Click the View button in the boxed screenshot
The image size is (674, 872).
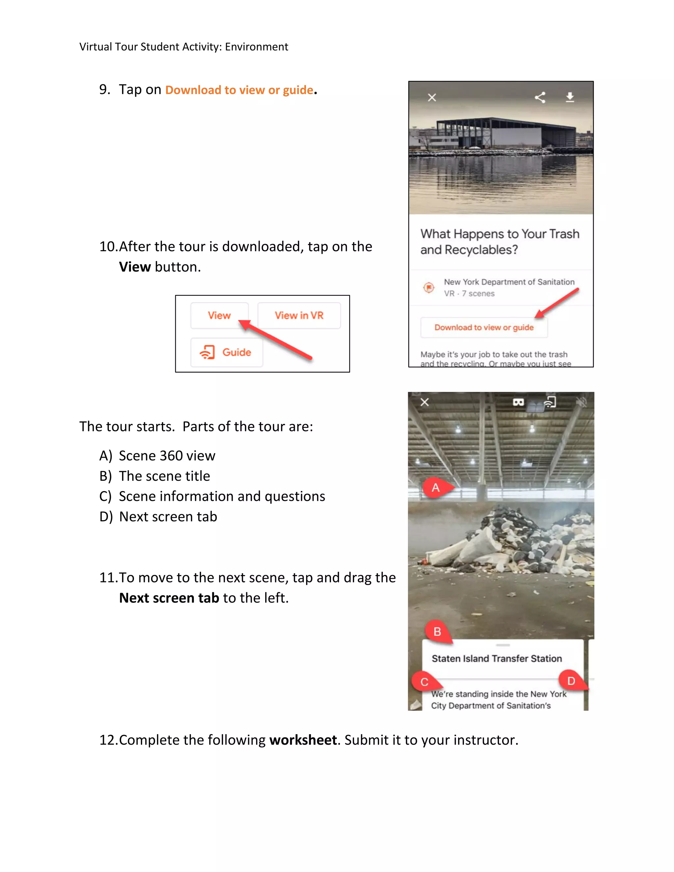[219, 316]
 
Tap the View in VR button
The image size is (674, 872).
[299, 316]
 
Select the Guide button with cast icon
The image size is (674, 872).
[226, 352]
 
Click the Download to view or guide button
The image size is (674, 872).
[483, 327]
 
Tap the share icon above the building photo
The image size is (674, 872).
[540, 97]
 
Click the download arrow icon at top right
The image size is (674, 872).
[570, 97]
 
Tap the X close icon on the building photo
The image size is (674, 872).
[432, 97]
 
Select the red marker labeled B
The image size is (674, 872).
[438, 632]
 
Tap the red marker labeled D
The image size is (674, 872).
[571, 680]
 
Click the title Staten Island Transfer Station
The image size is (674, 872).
[496, 658]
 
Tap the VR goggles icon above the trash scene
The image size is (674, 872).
[518, 402]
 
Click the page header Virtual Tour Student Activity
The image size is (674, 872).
[183, 47]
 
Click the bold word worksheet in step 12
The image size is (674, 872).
[303, 740]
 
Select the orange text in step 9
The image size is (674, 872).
[239, 90]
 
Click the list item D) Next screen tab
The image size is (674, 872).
[158, 517]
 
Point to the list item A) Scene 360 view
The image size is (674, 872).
[157, 455]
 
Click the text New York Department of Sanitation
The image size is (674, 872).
[509, 282]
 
